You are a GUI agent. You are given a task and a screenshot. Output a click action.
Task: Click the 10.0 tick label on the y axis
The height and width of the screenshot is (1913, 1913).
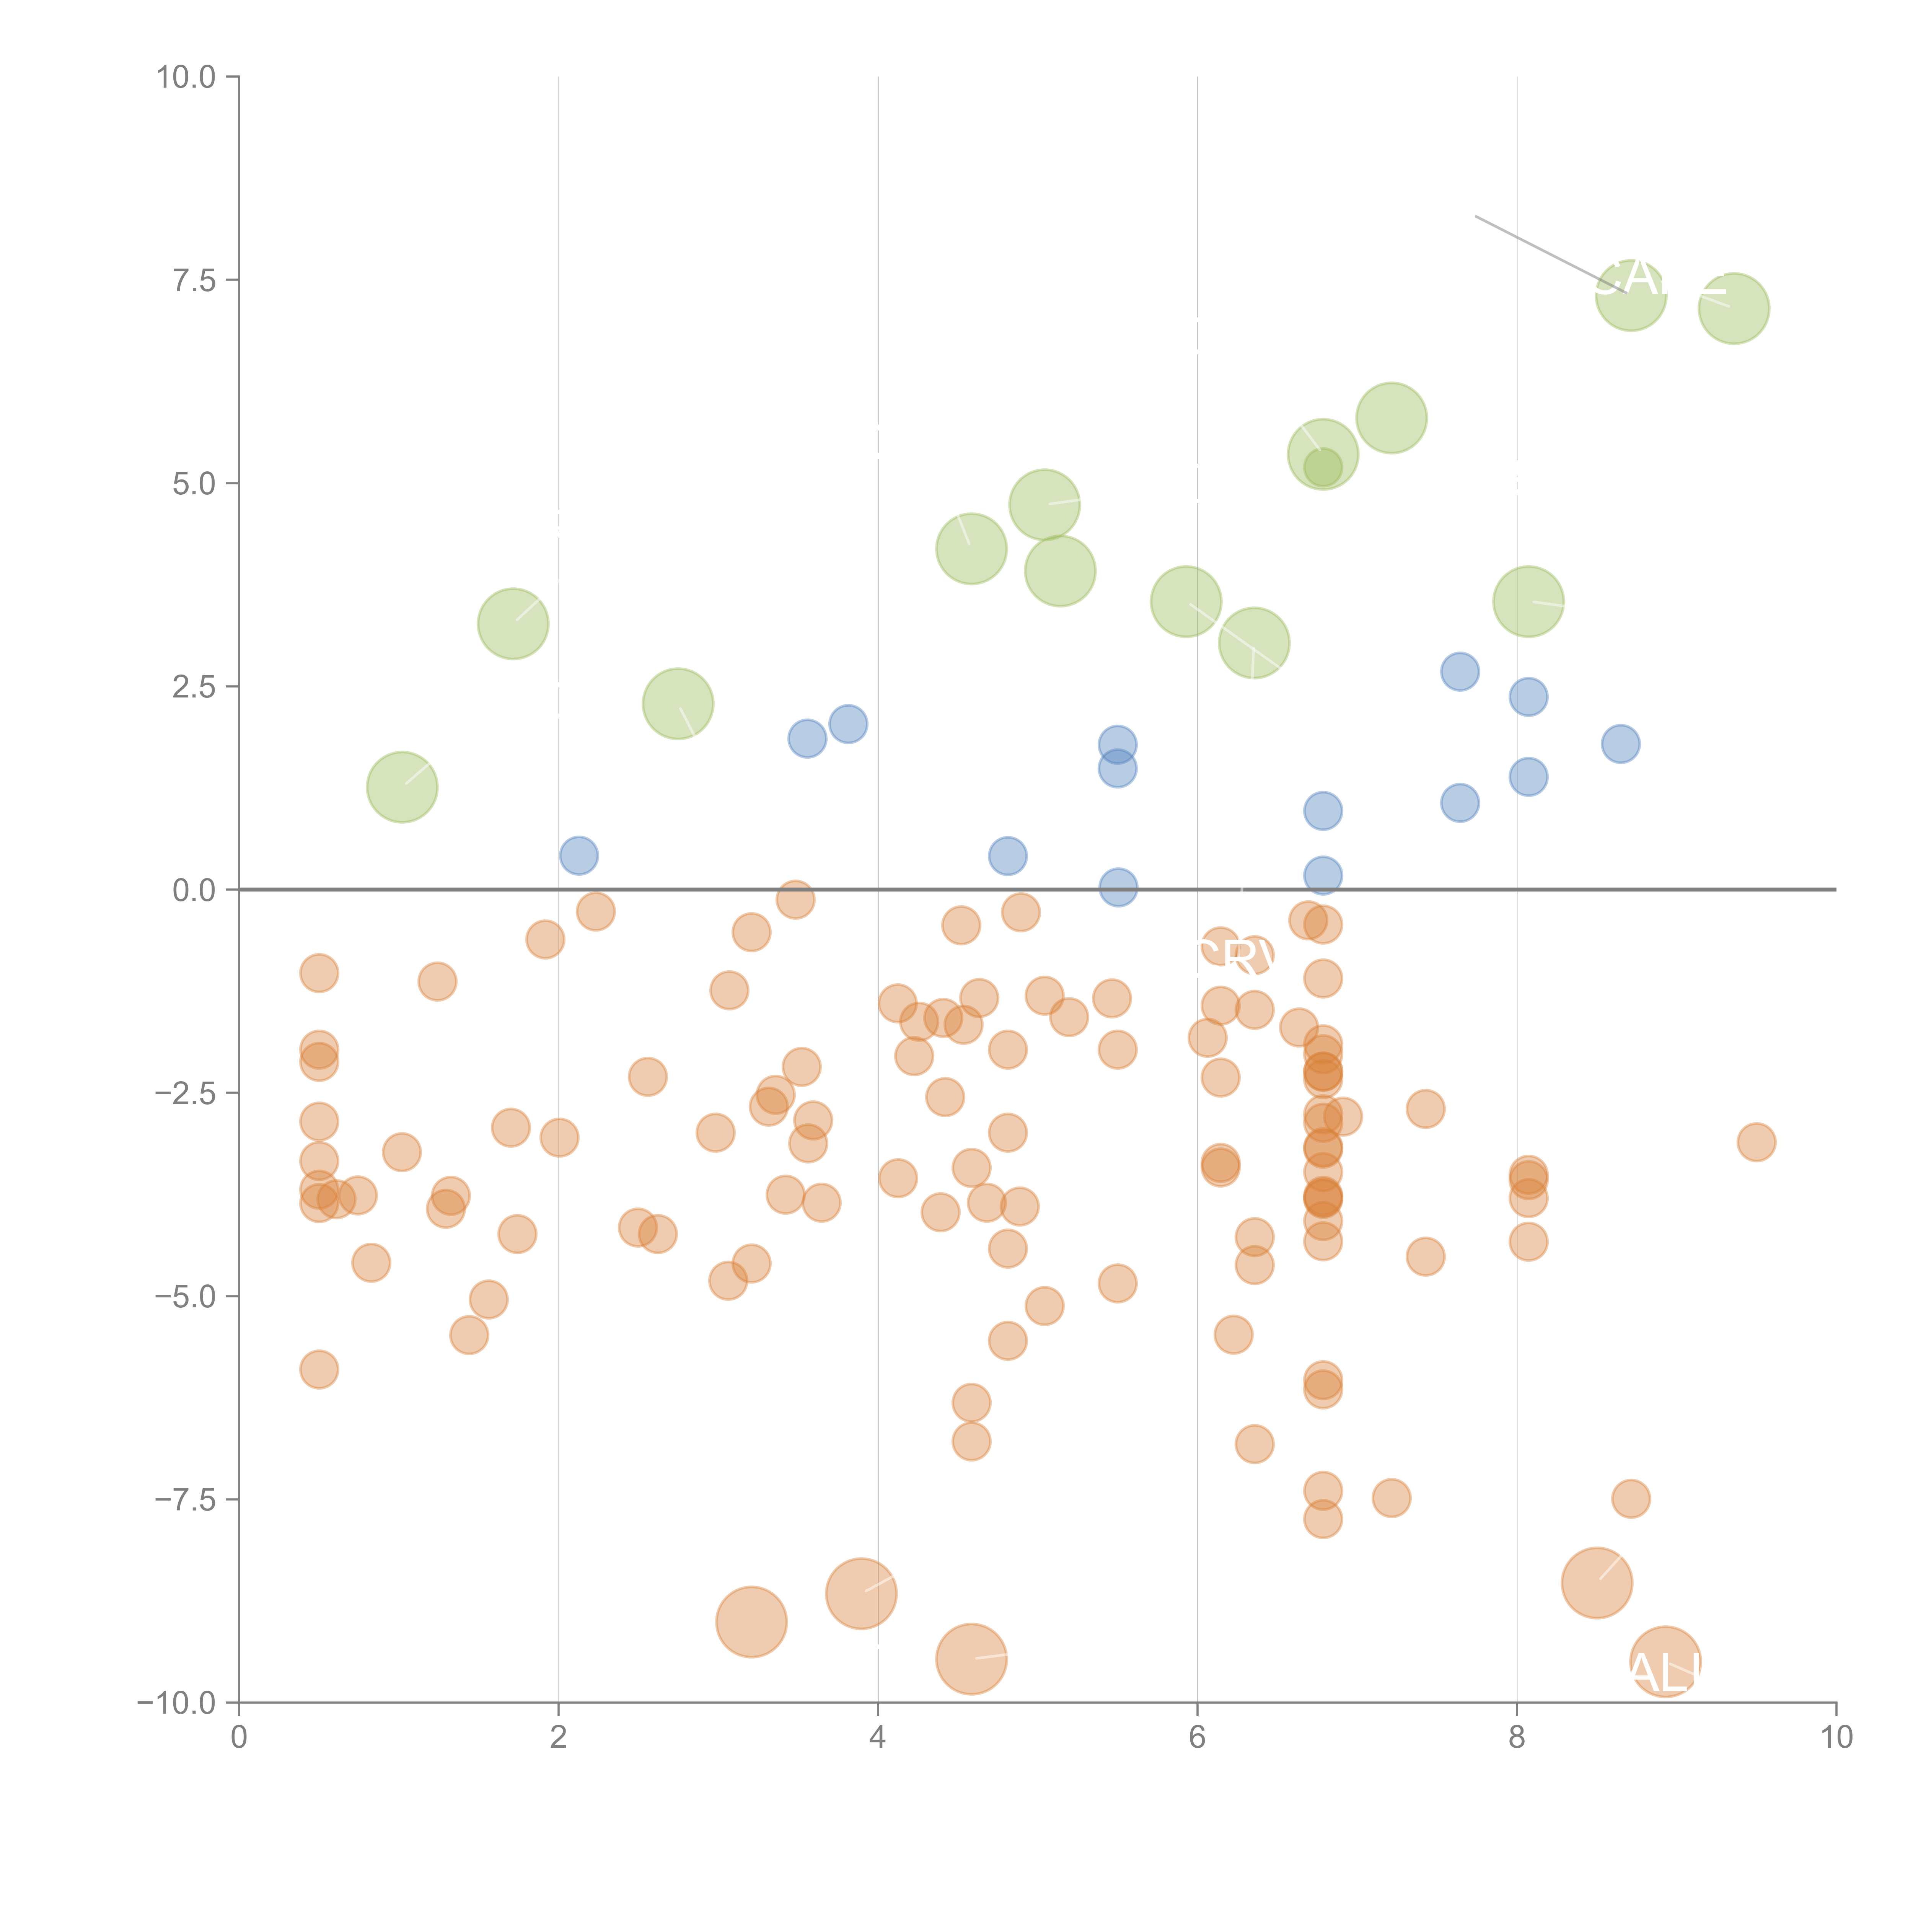186,77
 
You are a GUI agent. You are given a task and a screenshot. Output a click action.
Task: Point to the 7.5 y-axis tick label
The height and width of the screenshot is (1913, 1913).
194,280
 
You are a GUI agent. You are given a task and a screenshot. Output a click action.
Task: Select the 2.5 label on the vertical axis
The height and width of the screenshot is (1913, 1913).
194,686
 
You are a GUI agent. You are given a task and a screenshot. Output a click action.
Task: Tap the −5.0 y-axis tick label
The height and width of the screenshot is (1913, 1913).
185,1296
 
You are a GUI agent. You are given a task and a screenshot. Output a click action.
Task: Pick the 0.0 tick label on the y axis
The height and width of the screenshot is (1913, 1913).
194,890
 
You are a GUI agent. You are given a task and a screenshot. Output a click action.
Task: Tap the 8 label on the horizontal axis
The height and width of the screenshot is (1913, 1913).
1517,1738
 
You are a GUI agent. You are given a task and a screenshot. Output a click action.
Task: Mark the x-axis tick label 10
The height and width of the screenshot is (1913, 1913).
1836,1738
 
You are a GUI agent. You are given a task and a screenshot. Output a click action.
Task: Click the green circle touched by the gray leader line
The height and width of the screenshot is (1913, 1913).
1631,295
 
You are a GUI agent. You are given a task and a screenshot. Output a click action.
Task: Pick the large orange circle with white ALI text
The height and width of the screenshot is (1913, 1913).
1665,1662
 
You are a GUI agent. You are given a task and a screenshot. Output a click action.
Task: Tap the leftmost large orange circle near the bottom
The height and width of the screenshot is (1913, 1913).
751,1622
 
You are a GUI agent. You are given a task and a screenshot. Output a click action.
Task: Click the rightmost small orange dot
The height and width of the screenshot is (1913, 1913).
1757,1142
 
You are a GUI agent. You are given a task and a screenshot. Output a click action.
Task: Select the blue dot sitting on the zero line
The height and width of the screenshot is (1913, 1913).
1118,887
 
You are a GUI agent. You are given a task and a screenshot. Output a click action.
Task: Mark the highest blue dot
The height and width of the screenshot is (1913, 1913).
1460,671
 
